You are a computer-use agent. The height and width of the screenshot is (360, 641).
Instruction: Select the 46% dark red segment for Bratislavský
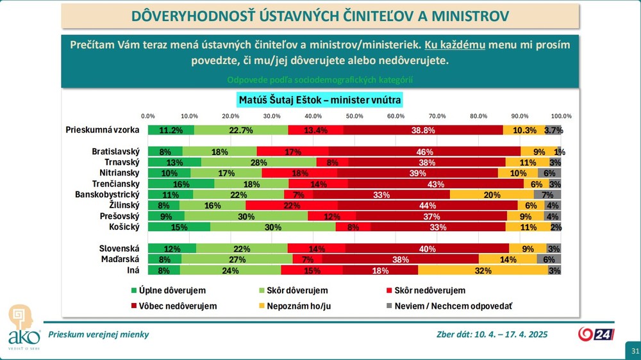(x=424, y=152)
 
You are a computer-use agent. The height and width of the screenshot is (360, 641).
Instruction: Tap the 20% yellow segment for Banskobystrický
(x=492, y=194)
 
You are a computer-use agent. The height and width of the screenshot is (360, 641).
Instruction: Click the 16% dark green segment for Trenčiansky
(x=181, y=183)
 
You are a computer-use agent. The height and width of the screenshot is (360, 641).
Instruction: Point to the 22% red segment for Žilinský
(x=292, y=205)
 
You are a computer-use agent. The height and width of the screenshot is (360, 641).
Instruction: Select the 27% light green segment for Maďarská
(x=237, y=259)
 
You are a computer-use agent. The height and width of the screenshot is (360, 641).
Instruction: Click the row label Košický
(x=121, y=226)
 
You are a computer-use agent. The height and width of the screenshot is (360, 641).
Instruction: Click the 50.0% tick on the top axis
(x=354, y=116)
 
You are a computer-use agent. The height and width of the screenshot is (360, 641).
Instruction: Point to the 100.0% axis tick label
(x=561, y=116)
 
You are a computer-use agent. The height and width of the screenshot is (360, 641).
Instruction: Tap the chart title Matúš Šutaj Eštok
(x=319, y=100)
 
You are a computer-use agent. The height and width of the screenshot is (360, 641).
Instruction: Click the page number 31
(x=635, y=351)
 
